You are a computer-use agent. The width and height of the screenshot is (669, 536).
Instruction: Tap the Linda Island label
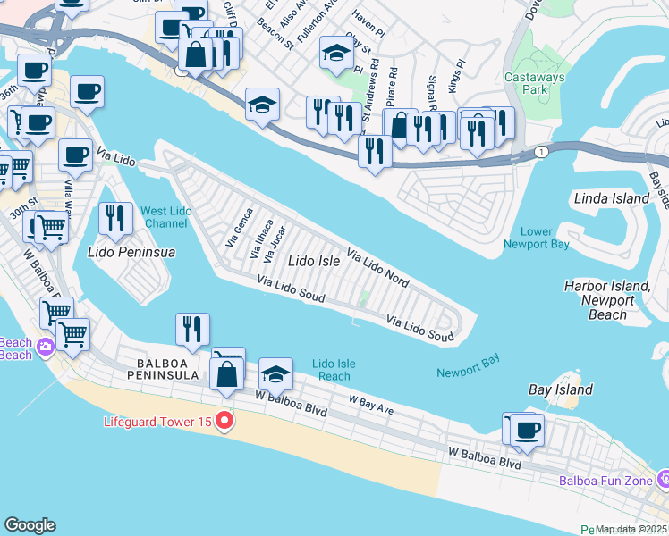(611, 198)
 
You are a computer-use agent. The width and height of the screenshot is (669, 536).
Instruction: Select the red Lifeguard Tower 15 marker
(224, 421)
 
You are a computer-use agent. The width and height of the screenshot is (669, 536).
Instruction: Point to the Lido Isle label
(313, 262)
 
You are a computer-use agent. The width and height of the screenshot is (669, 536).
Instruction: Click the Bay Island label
(560, 389)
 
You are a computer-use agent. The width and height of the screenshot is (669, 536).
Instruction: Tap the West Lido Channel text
(165, 217)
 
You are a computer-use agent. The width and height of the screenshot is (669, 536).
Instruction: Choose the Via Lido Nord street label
(377, 268)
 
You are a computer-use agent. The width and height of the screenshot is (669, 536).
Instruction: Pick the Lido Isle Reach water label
(334, 370)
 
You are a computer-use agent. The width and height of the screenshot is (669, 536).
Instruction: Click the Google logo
(30, 525)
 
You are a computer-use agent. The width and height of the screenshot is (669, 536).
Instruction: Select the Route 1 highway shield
(542, 153)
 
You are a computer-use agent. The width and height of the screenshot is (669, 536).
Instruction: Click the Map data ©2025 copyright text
(631, 529)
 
